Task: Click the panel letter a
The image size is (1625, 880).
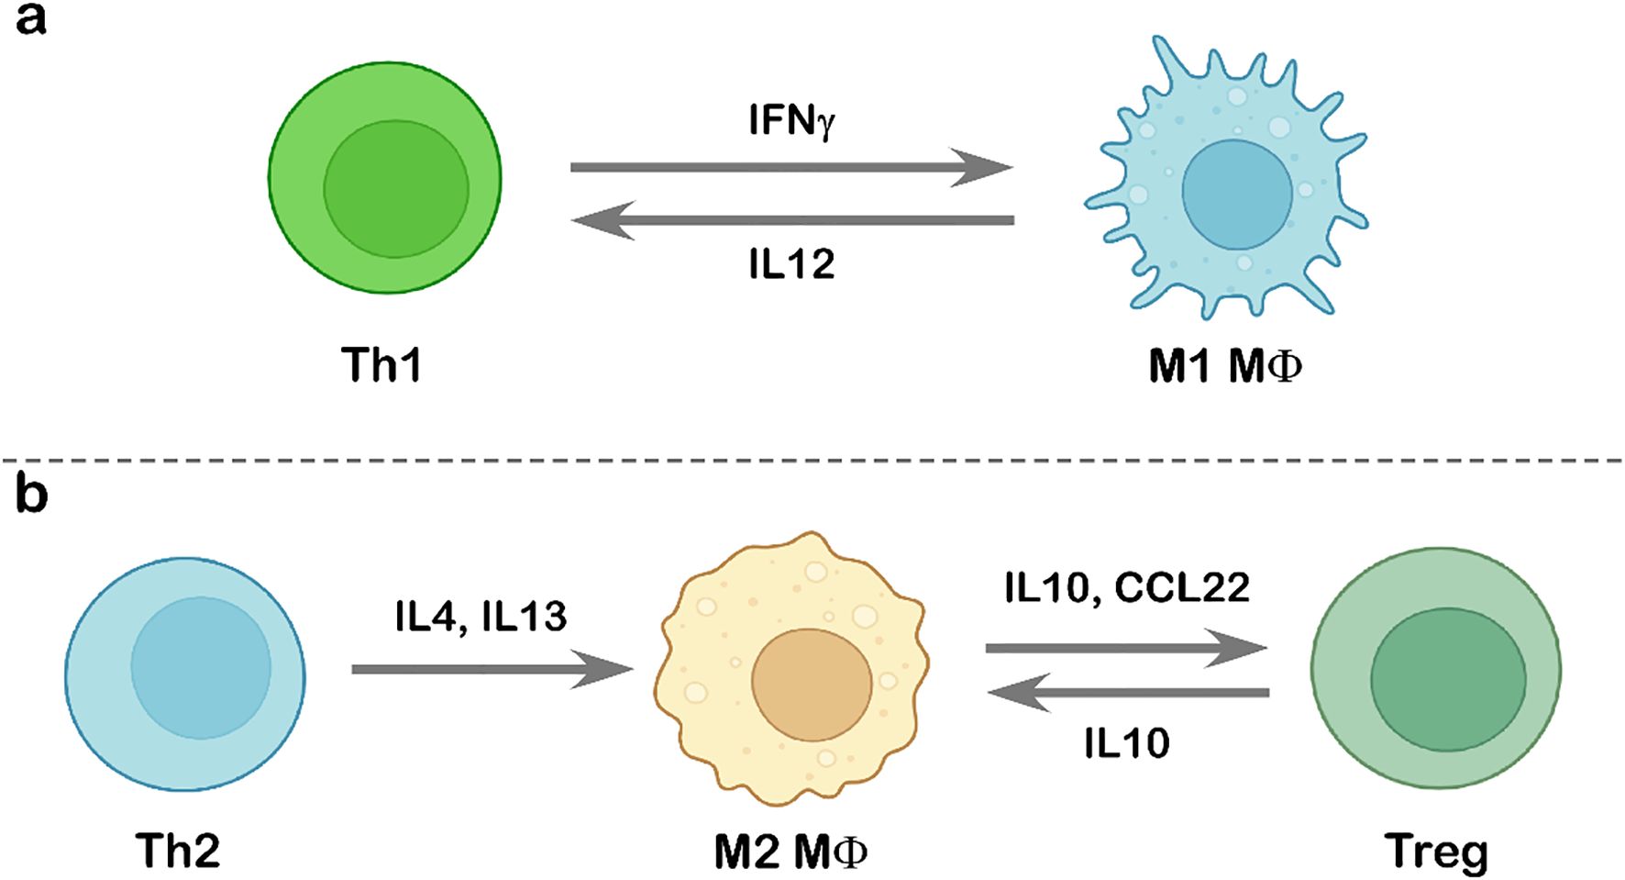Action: (30, 18)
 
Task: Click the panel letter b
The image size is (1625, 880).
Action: (31, 496)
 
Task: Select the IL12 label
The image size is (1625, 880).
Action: (790, 264)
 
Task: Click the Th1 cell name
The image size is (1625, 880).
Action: (381, 364)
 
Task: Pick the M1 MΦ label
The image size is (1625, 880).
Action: (1224, 366)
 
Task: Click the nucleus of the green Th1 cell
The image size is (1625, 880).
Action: (395, 188)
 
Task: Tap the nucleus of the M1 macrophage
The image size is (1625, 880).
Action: (1237, 195)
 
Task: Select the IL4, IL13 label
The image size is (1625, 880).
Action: (481, 617)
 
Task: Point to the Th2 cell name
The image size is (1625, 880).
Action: (178, 851)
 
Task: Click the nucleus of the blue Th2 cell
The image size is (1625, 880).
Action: (201, 668)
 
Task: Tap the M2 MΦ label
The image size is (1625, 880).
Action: (790, 852)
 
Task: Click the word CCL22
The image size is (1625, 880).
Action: (1182, 587)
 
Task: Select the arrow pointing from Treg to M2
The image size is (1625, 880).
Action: (1127, 693)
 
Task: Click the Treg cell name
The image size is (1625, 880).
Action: (1436, 852)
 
